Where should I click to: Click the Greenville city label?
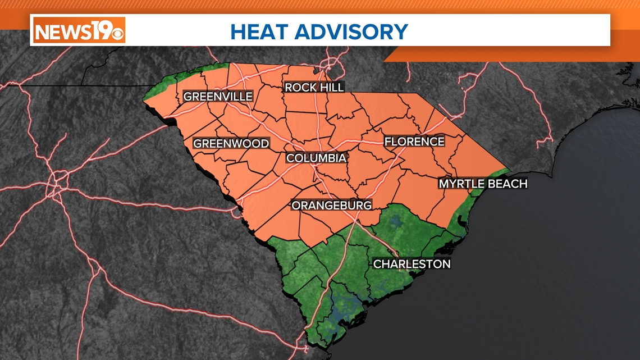218,97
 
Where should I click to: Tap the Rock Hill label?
314,87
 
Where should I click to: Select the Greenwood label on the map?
231,144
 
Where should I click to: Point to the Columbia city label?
316,158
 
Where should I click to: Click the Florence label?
414,142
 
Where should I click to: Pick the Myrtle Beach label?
483,184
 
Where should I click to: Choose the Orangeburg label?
331,206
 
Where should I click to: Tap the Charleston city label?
412,264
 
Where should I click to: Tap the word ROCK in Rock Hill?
299,87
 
